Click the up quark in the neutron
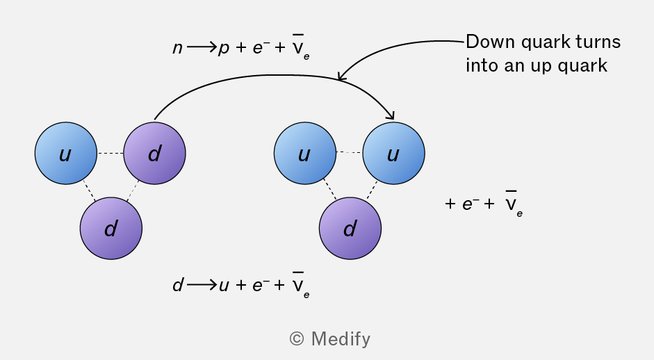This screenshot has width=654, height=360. tap(66, 153)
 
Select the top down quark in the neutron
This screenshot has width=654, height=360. tap(155, 153)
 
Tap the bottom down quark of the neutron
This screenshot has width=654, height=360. tap(111, 228)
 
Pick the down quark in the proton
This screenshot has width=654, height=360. tap(350, 228)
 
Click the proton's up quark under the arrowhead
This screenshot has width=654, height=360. tap(394, 153)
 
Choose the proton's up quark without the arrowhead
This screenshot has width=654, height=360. tap(305, 153)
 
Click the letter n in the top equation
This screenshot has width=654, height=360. tap(178, 48)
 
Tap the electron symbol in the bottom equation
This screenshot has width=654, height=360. tap(258, 284)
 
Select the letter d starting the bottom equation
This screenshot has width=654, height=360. tap(178, 284)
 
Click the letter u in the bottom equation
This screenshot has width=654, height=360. tap(224, 286)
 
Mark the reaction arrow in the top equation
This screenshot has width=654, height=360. tap(202, 47)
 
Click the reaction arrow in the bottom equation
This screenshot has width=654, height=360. tap(202, 285)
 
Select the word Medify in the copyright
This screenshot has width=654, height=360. tap(341, 339)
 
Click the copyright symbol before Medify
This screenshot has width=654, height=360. tap(297, 338)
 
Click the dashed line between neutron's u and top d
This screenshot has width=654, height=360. tap(111, 153)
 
